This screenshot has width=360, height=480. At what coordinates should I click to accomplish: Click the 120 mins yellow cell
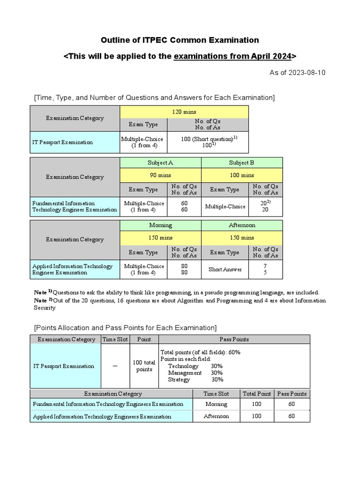click(x=184, y=112)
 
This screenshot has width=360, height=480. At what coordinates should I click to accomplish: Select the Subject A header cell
click(x=160, y=163)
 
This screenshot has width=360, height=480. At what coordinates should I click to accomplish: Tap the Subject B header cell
click(x=242, y=163)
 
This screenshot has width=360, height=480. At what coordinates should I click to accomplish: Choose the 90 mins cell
click(x=160, y=175)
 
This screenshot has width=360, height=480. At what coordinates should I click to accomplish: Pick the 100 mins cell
click(x=242, y=175)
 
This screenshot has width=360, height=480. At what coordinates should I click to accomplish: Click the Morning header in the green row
click(x=160, y=225)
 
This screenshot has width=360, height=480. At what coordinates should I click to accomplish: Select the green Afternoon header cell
click(x=242, y=225)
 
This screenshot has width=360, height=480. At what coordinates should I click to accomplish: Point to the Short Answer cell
click(x=225, y=270)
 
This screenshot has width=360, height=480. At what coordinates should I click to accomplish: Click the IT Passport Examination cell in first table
click(x=63, y=142)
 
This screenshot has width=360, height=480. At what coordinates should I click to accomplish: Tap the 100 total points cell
click(x=144, y=366)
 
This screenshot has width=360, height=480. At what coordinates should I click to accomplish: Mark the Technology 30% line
click(x=195, y=366)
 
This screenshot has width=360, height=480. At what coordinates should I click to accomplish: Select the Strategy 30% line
click(x=195, y=380)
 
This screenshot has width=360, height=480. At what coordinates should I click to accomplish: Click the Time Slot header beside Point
click(x=115, y=339)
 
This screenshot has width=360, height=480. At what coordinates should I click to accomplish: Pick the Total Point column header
click(x=256, y=394)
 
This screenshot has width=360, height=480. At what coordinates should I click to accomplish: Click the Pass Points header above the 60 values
click(x=292, y=394)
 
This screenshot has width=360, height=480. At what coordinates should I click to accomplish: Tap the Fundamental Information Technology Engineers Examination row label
click(x=108, y=404)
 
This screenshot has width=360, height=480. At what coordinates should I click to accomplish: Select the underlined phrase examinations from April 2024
click(x=232, y=57)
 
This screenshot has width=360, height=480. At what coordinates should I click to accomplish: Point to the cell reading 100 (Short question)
click(x=207, y=139)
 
